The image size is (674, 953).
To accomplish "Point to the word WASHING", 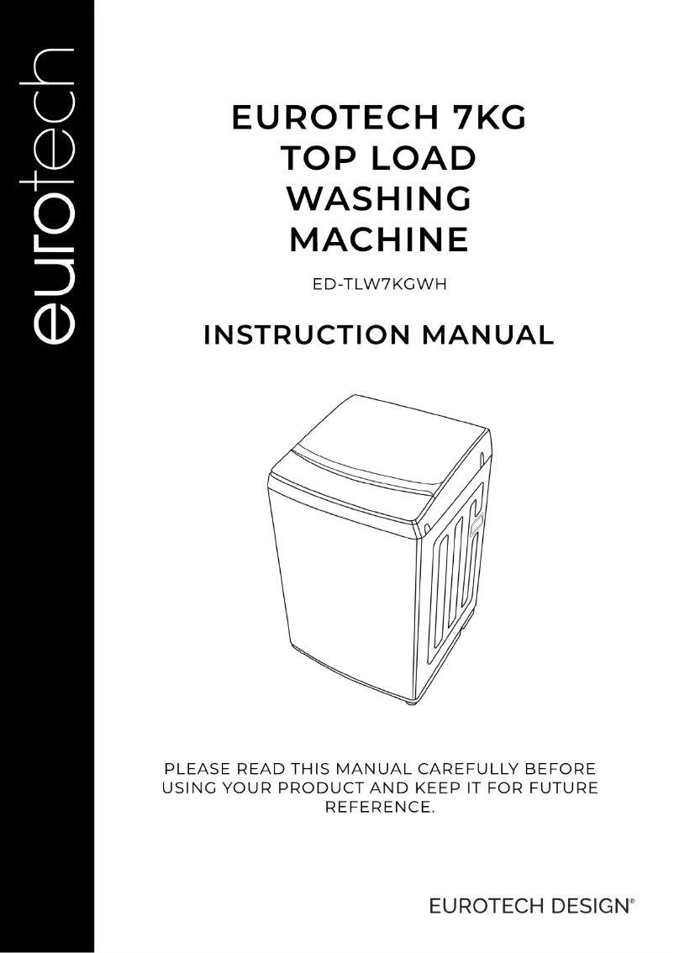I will pos(378,199).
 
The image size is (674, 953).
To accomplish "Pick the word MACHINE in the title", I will pos(378,240).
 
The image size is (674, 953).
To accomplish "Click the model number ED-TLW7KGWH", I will pos(378,283).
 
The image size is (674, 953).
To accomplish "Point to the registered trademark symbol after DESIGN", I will pos(632,902).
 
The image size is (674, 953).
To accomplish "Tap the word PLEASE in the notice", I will pos(199,768).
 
